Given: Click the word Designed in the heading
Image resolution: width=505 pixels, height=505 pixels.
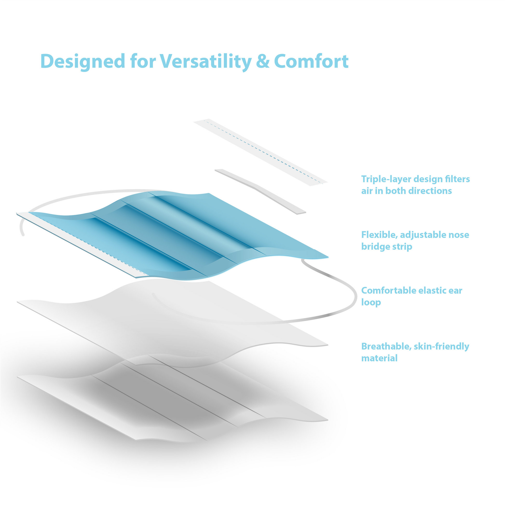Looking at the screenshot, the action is coord(83,62).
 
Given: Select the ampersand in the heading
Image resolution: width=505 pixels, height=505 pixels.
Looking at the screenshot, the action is coord(263,62).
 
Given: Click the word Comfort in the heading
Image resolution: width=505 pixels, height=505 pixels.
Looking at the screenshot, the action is coord(311,62).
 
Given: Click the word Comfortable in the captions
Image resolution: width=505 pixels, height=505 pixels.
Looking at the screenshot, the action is coord(389,290).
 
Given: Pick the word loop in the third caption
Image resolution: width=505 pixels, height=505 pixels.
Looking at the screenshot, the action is coord(371,302).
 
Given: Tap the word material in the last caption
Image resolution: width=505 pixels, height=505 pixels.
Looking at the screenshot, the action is coord(379,358).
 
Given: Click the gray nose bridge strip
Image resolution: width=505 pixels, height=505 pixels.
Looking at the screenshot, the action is coord(260,192).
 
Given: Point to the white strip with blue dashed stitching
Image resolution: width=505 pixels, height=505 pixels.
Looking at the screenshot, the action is coord(261,152).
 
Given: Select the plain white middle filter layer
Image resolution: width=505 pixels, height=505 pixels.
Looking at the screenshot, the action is coord(173,323).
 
